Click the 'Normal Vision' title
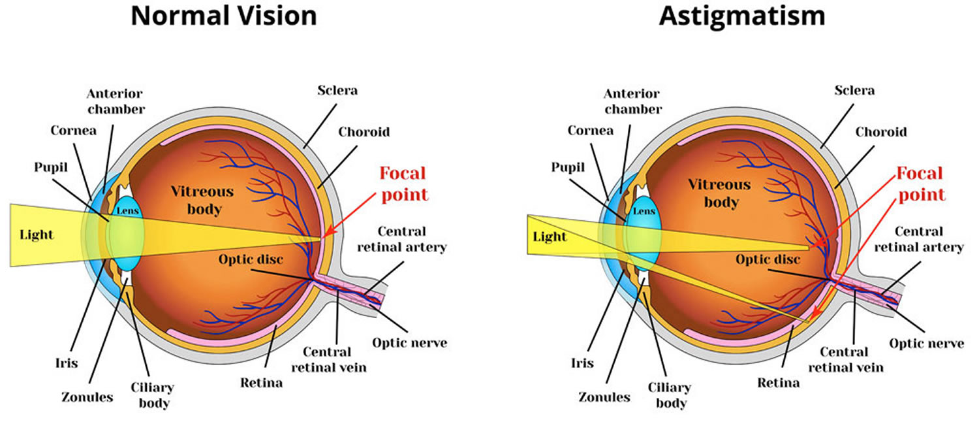(223, 16)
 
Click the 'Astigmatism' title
(741, 16)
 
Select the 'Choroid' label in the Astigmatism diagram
(881, 132)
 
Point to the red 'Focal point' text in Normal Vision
(403, 184)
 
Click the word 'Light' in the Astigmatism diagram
(550, 236)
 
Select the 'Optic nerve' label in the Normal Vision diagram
(409, 342)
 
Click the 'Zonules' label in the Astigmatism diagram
(604, 397)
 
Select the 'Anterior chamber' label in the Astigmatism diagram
(632, 102)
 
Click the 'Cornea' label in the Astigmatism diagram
(591, 131)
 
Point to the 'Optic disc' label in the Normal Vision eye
(251, 259)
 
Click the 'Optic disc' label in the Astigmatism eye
(768, 259)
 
